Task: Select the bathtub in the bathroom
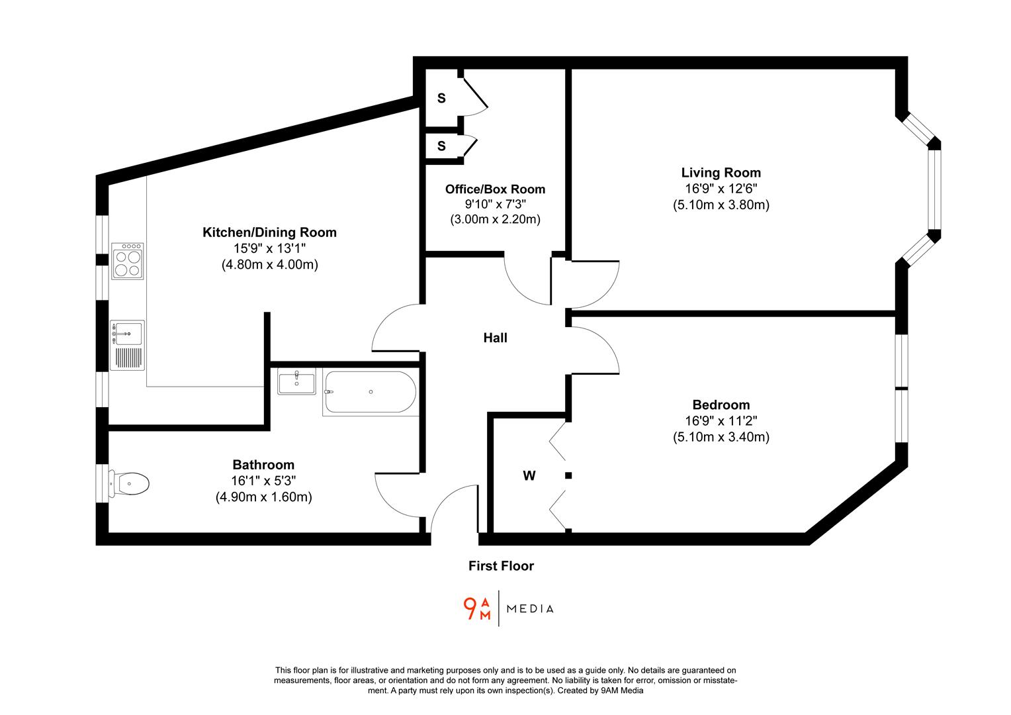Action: (x=370, y=393)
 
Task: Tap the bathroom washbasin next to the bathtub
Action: (x=297, y=383)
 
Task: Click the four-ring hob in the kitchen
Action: (x=128, y=261)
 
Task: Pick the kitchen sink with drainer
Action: (x=128, y=344)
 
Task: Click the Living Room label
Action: (x=721, y=173)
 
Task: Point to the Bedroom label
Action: (x=721, y=405)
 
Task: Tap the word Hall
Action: (x=495, y=338)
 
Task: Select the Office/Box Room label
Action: (x=495, y=189)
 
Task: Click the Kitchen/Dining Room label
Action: (x=269, y=232)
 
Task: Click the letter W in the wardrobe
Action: (x=529, y=475)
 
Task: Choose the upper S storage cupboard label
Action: (x=441, y=99)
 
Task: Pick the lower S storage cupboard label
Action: (x=441, y=146)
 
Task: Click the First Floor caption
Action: (x=501, y=566)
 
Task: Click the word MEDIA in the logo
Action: (x=530, y=609)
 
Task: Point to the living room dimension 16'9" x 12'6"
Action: (x=721, y=189)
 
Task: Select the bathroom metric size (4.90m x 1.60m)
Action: (x=263, y=497)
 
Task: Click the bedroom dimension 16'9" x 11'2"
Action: (x=721, y=420)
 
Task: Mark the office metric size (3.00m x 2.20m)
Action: (x=495, y=219)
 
